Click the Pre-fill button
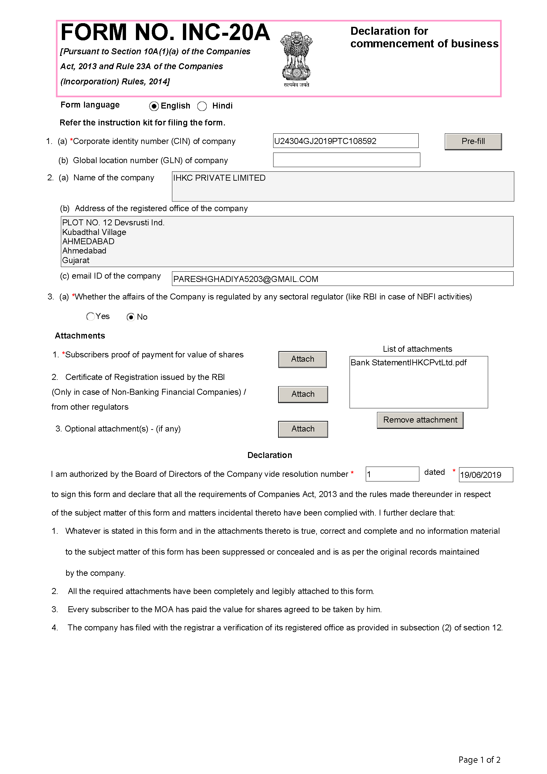click(x=473, y=142)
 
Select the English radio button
click(x=154, y=106)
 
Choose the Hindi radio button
click(x=202, y=106)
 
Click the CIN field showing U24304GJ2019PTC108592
click(x=345, y=141)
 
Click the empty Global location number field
click(x=346, y=160)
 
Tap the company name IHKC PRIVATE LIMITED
click(x=219, y=178)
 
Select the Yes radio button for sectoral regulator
click(x=90, y=316)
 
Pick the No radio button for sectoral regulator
click(x=131, y=317)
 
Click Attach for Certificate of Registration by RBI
click(x=303, y=394)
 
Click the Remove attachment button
click(x=420, y=420)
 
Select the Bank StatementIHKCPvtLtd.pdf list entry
click(x=408, y=363)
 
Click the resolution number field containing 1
click(x=392, y=474)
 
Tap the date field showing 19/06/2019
click(x=485, y=475)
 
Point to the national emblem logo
click(x=296, y=59)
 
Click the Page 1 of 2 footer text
click(x=479, y=759)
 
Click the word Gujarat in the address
click(x=76, y=260)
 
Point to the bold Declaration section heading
click(x=270, y=455)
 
